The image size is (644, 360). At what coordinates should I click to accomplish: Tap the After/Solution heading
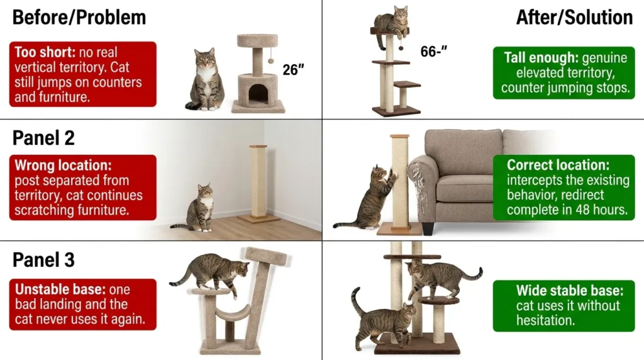(574, 17)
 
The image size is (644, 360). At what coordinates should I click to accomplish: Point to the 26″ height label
(293, 70)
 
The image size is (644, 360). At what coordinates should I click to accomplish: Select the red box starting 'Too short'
(82, 74)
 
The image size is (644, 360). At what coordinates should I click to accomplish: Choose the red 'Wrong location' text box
(82, 188)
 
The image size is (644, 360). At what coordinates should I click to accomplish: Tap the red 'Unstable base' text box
(82, 305)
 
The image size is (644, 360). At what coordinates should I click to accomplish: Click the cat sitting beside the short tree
(205, 81)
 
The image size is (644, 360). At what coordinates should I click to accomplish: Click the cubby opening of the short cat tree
(258, 95)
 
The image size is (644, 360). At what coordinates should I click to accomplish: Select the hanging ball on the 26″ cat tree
(271, 60)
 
